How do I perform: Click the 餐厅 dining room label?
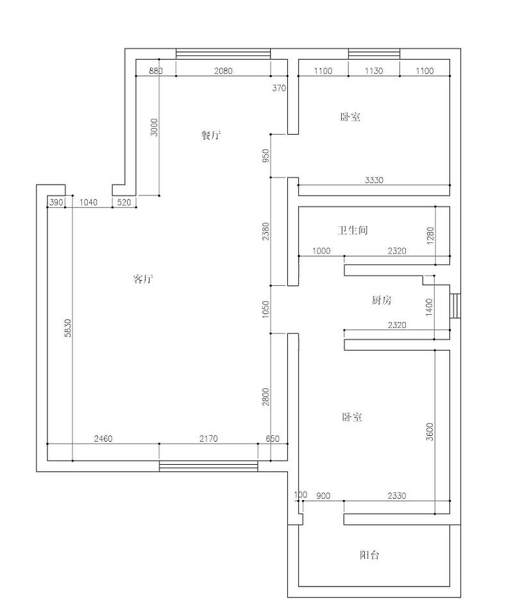click(211, 135)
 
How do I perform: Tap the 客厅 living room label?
click(143, 279)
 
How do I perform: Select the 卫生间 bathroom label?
click(353, 230)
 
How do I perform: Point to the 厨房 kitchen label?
click(382, 300)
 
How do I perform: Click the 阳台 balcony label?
click(369, 554)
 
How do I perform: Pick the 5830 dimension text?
click(68, 328)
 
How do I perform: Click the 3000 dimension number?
click(154, 128)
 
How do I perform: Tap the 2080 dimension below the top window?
click(223, 71)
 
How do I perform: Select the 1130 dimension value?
click(374, 71)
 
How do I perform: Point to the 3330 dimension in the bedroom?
click(374, 180)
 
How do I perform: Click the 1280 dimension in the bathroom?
click(430, 236)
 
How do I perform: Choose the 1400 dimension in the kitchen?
click(429, 307)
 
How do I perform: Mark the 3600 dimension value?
click(430, 431)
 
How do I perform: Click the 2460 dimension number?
click(103, 438)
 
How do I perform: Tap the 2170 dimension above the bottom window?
click(208, 438)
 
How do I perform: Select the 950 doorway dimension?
click(265, 156)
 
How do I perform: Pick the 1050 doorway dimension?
click(265, 309)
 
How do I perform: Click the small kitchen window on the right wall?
click(455, 306)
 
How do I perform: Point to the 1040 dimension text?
click(88, 203)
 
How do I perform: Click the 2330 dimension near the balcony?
click(397, 495)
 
